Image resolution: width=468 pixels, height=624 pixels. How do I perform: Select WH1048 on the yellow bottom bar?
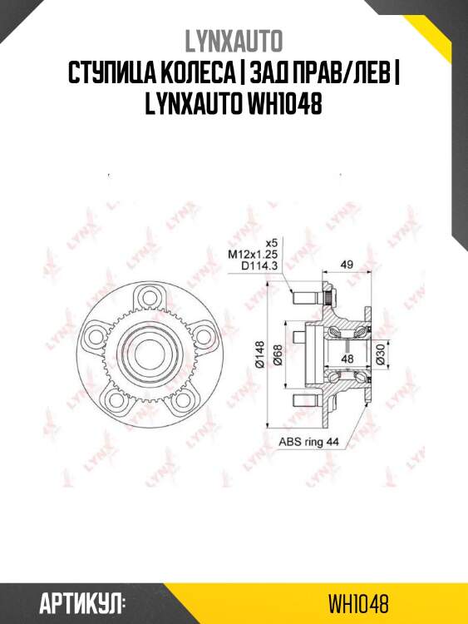coord(358,602)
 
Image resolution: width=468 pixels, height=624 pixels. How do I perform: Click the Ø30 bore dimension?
coord(379,356)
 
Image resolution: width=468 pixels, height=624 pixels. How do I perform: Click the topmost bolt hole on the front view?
coord(149,296)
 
